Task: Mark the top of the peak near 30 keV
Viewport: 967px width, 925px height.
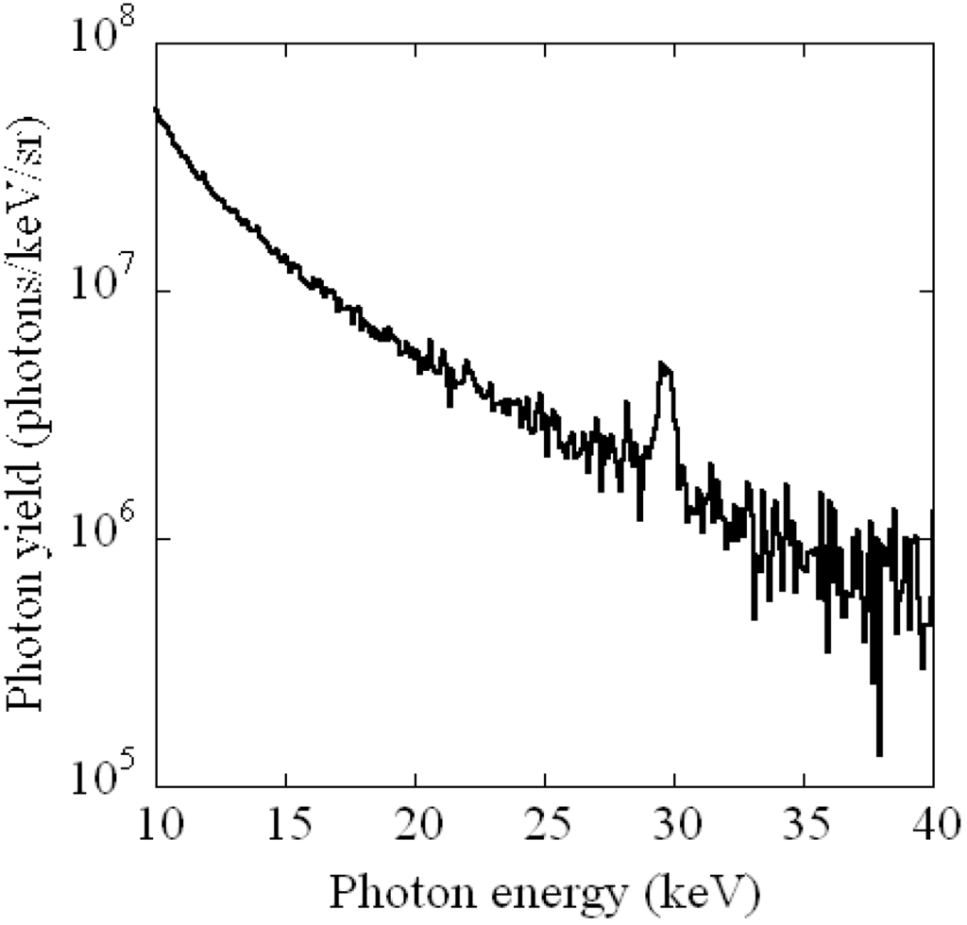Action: point(664,362)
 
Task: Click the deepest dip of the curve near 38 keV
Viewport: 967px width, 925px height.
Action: point(879,753)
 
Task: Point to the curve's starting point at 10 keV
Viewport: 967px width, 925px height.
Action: point(157,109)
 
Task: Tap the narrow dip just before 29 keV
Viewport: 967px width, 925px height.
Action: point(640,518)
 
